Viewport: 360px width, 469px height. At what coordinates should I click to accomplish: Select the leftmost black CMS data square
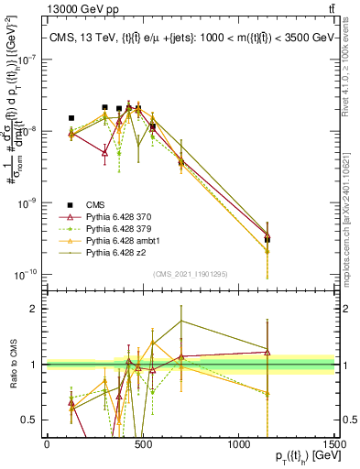[x=71, y=118]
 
